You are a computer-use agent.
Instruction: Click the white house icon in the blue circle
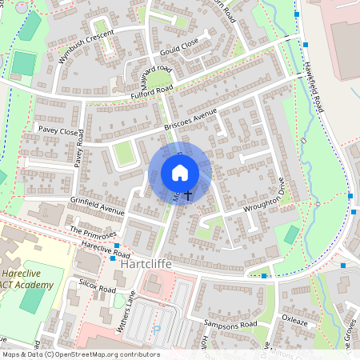click(x=180, y=173)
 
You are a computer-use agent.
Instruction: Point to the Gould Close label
click(x=178, y=48)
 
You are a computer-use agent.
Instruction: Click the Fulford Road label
click(x=151, y=95)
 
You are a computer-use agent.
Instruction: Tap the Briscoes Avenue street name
click(x=190, y=121)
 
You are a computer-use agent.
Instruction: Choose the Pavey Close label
click(x=57, y=131)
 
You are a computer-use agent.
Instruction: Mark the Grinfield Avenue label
click(x=97, y=206)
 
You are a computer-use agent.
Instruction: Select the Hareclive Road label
click(x=105, y=250)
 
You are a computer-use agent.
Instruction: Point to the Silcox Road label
click(x=98, y=286)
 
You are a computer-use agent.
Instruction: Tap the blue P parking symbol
click(x=157, y=330)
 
